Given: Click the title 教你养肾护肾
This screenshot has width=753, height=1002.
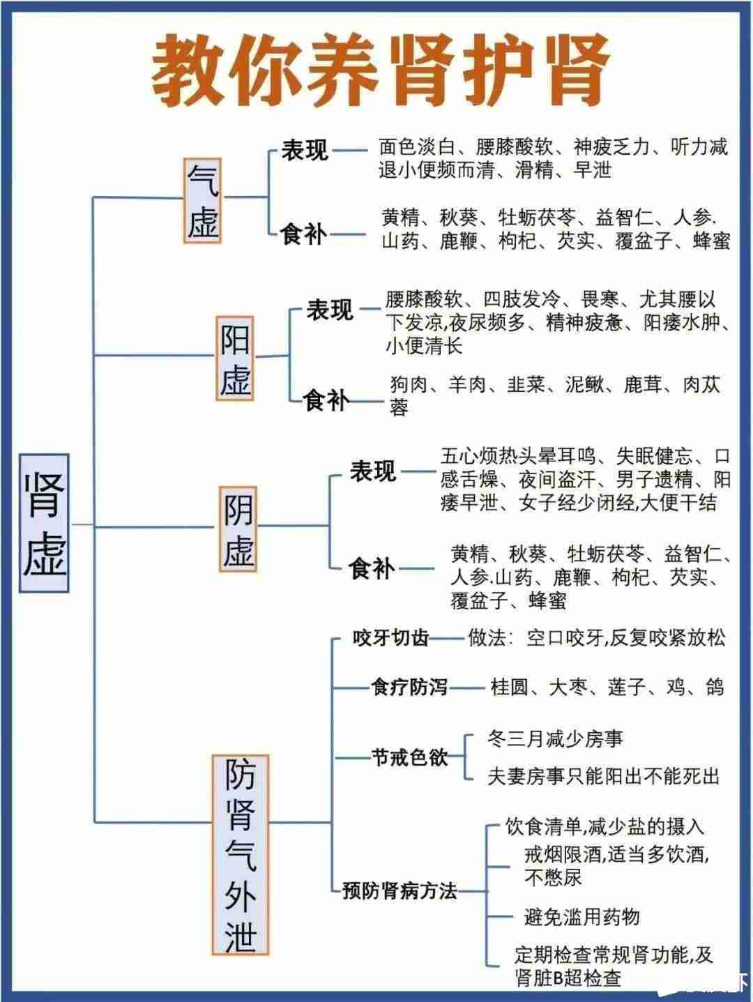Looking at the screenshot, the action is point(381,71).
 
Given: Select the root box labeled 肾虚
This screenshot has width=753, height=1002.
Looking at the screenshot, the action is point(44,523).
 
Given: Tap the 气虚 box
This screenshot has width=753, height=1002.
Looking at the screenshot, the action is point(203,200).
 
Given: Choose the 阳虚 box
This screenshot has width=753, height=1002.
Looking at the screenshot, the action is point(234,358).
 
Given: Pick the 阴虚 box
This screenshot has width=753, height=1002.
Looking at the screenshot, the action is point(238,529).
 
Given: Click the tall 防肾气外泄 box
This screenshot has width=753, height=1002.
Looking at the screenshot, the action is point(241,854).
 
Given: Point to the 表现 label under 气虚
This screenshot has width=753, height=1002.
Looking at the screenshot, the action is point(305,150).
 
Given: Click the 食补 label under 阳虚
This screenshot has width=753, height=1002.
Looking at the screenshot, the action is point(326,400).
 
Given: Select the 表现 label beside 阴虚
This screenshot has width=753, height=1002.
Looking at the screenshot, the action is point(373,471).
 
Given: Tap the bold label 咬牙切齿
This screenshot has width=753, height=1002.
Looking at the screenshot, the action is point(390,638).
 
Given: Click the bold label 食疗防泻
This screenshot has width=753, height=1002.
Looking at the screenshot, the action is point(409,687).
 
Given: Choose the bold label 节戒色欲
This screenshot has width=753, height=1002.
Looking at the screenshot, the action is point(409,757).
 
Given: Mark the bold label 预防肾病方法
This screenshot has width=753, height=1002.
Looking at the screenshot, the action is point(400,890).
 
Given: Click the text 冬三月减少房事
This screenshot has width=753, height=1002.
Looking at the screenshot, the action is point(555,738).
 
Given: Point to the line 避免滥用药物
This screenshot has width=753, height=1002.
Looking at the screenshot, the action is point(582,916).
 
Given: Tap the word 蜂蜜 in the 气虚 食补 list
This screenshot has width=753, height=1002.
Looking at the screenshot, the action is point(711,241).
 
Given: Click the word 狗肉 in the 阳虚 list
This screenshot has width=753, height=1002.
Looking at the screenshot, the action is point(409,384).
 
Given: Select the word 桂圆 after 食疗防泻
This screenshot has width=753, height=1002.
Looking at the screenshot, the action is point(509,687).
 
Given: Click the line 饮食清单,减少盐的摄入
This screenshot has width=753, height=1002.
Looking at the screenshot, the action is point(604,826).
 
